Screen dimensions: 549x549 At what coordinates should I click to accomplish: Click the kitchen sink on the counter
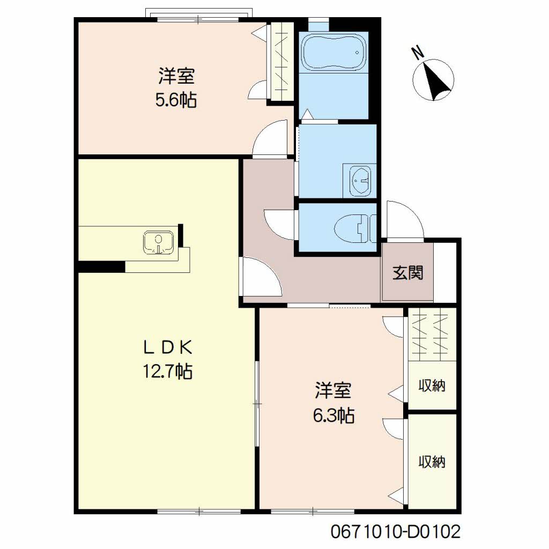tap(159, 242)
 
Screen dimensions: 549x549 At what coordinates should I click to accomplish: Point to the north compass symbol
tap(433, 79)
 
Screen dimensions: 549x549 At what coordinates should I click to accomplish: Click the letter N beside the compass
tap(417, 53)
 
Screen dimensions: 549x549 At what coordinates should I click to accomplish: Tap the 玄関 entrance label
tap(407, 273)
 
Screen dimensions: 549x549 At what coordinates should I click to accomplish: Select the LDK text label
tap(168, 347)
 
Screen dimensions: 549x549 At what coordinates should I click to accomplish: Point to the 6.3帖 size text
tap(333, 416)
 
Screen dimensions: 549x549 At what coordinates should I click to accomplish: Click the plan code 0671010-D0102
tap(396, 531)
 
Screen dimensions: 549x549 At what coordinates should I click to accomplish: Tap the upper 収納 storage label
tap(432, 385)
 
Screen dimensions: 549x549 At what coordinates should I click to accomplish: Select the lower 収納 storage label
tap(432, 462)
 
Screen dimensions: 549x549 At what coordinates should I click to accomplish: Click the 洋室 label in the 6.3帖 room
tap(333, 390)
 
